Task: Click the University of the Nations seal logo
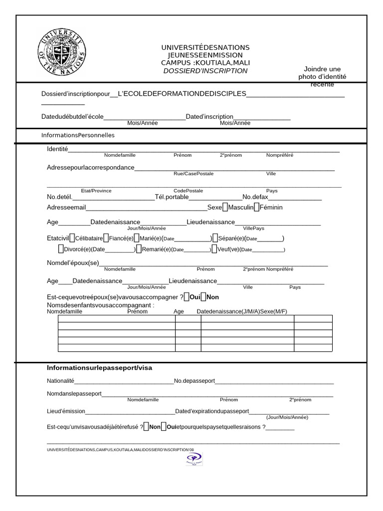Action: coord(62,51)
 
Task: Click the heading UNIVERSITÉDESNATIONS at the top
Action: coord(205,47)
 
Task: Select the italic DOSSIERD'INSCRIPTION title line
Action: coord(205,71)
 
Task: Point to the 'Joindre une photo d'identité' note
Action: coord(322,76)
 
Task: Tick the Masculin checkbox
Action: coord(225,207)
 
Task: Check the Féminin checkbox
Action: coord(256,207)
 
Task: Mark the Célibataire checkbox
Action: coord(72,238)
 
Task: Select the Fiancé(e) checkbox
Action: coord(106,238)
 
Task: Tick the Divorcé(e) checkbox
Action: coord(61,249)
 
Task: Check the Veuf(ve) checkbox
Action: coord(214,249)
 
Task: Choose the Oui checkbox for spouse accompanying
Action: coord(186,297)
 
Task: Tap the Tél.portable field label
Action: coord(172,197)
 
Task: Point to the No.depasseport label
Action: coord(194,381)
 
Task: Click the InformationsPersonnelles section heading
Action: coord(78,135)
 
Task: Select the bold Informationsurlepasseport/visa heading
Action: coord(100,368)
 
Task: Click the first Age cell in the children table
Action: coord(188,319)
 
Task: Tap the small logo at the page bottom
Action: coord(193,459)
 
